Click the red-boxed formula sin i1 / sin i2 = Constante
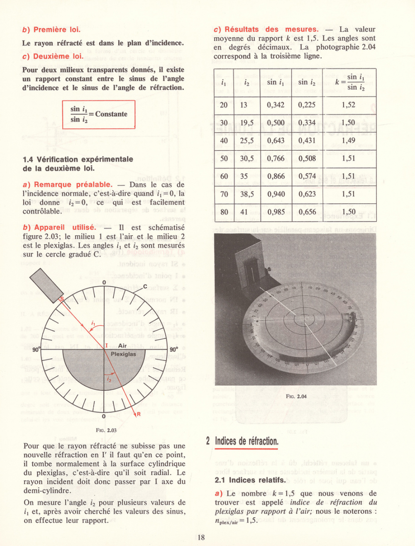[99, 114]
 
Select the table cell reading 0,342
[276, 105]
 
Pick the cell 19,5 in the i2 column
[247, 123]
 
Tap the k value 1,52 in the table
[349, 105]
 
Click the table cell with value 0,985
[276, 212]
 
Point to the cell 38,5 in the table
[247, 194]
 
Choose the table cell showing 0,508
[307, 158]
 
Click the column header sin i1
[276, 82]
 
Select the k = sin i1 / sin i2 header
[349, 82]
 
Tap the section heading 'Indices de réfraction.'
[247, 441]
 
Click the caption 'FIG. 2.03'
[106, 430]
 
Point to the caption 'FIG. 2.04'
[296, 397]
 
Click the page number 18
[201, 538]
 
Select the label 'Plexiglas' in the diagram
[123, 354]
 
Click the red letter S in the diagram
[62, 300]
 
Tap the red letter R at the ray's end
[139, 414]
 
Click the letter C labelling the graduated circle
[145, 286]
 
